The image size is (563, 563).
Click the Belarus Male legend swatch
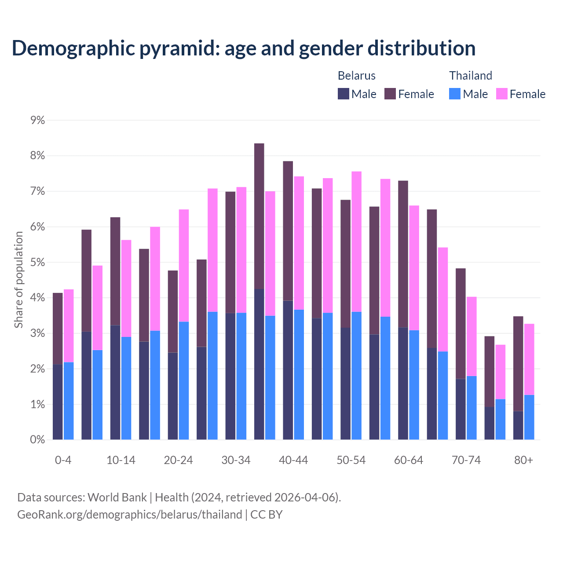344,94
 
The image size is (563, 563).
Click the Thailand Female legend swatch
502,94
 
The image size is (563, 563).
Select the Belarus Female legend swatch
390,94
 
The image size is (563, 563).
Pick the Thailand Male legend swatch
455,94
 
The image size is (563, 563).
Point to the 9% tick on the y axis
38,120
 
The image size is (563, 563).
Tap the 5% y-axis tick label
38,263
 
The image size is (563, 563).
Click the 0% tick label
38,440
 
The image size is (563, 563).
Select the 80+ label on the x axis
523,460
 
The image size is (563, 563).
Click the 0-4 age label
63,460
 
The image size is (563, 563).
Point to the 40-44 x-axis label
293,460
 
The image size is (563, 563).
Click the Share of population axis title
19,280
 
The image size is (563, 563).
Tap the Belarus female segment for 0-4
58,328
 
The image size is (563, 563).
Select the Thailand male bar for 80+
529,417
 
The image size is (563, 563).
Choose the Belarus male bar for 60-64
403,383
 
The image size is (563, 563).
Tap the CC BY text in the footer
266,514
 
